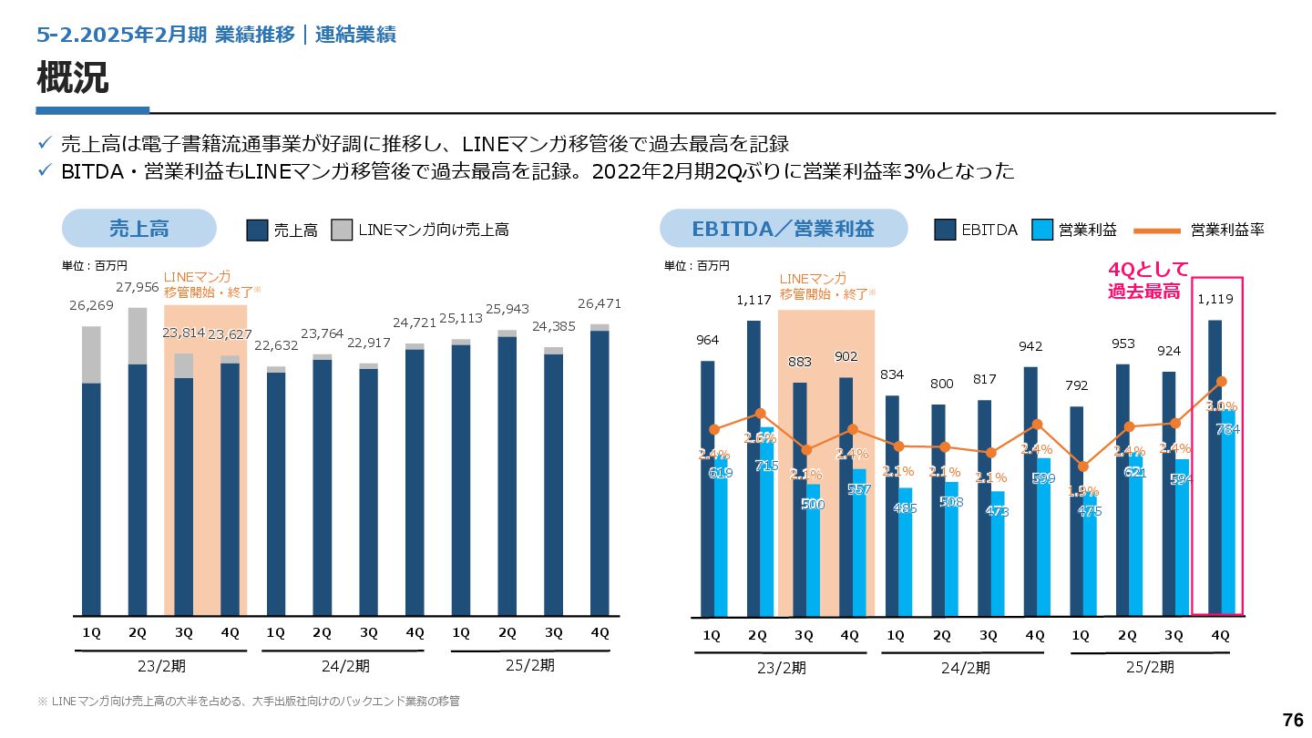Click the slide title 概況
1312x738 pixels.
coord(73,79)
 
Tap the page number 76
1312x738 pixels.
coord(1292,720)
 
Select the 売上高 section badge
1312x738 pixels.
coord(138,229)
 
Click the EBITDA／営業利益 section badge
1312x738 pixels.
coord(784,229)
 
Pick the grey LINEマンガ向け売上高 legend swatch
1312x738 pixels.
coord(342,231)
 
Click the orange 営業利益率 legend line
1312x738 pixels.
coord(1157,231)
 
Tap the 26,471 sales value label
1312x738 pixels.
coord(600,303)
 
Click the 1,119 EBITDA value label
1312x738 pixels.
coord(1216,298)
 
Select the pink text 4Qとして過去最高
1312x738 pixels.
coord(1147,281)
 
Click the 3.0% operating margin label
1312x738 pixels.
coord(1221,406)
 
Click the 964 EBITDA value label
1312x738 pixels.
coord(708,340)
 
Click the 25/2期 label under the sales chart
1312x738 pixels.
coord(529,665)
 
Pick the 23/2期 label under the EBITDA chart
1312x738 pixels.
coord(781,668)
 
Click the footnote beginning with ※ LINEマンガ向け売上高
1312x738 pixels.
coord(248,701)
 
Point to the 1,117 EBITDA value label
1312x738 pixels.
coord(754,299)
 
